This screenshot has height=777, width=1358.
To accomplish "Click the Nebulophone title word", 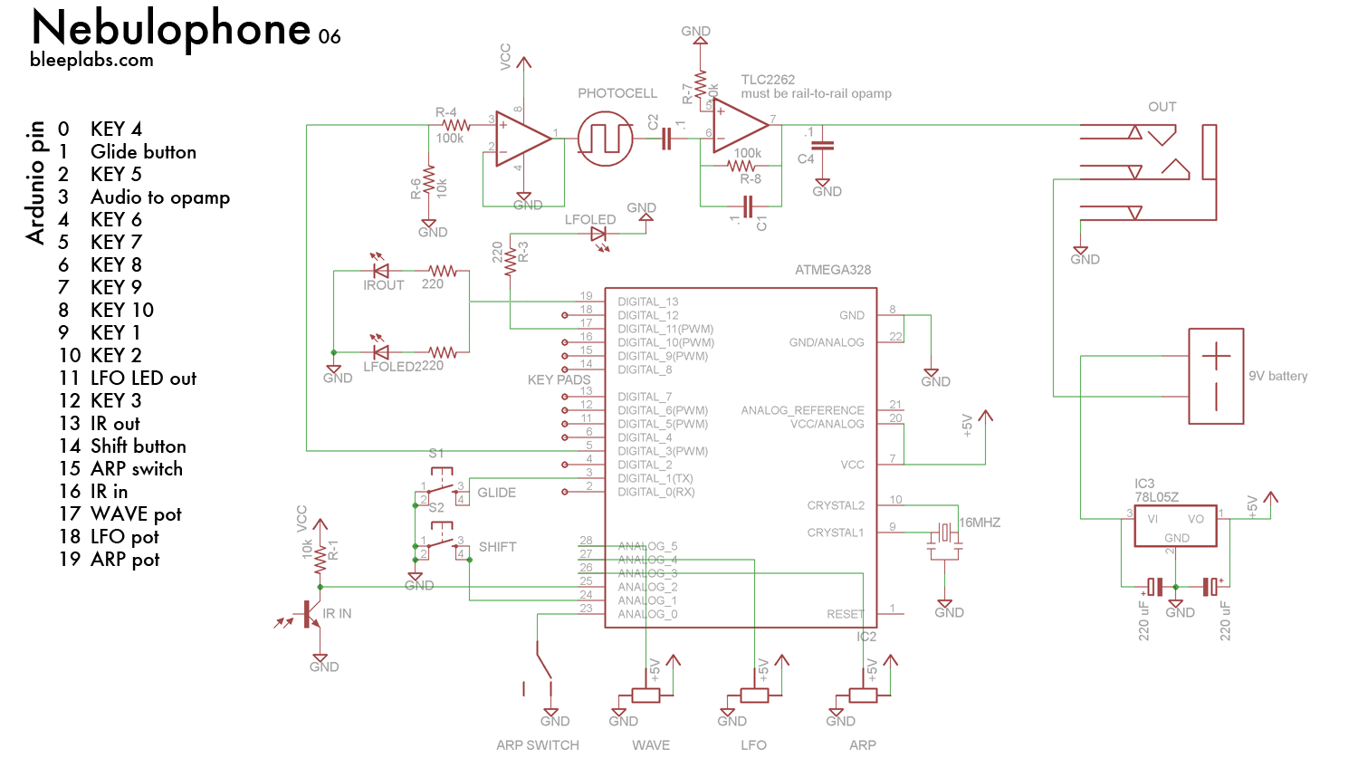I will coord(171,29).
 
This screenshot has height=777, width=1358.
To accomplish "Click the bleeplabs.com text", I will coord(91,61).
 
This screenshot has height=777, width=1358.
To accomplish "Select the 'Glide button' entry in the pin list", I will coord(143,152).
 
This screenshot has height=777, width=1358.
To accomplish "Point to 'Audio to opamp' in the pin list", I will coord(160,197).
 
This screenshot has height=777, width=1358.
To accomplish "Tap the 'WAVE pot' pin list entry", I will coord(136,514).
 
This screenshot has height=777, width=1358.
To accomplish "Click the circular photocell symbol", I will coord(605,139).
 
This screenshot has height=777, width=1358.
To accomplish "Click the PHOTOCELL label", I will coord(617,93).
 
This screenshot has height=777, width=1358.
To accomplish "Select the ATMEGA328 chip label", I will coord(832,270).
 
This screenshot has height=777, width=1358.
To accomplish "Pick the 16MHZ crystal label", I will coord(980,523).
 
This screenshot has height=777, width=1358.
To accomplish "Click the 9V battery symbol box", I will coord(1216,376).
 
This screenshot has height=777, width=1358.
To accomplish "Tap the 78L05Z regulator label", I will coord(1157,497).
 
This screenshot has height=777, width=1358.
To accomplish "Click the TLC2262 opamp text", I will coord(768,80).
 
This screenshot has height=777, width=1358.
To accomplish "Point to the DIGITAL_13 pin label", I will coord(647,302).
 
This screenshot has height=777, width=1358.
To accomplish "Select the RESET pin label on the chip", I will coord(845,614).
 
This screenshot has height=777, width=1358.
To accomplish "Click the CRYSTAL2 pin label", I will coord(836,505).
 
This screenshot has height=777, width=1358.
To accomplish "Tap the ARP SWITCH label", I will coord(538,745).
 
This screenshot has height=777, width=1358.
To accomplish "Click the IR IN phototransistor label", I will coord(337,614).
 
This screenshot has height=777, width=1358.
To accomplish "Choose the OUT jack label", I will coord(1162,107).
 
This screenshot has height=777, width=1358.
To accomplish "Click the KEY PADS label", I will coord(559,380).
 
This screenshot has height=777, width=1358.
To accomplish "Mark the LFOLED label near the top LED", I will coord(589,220).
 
